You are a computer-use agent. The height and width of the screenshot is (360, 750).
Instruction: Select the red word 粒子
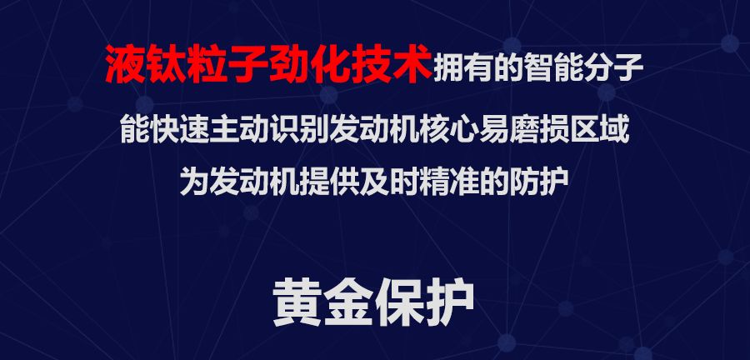pyautogui.click(x=243, y=65)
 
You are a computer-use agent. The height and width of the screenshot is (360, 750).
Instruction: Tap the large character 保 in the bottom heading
pyautogui.click(x=400, y=303)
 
